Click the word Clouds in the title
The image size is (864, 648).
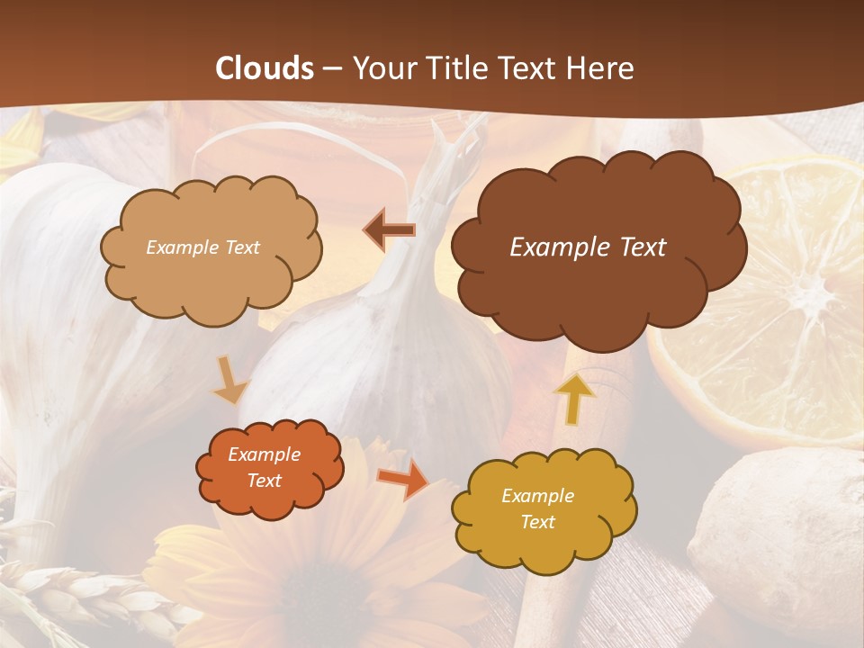[x=265, y=68]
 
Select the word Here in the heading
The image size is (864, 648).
[x=602, y=68]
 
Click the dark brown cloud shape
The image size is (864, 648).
[x=598, y=288]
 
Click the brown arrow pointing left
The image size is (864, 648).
[x=389, y=230]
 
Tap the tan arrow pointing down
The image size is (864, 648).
[x=229, y=380]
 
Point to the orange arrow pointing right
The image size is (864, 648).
[x=402, y=478]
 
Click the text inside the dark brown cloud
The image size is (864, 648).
[x=588, y=247]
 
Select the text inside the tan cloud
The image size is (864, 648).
[x=202, y=247]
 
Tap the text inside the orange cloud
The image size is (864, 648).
[x=265, y=468]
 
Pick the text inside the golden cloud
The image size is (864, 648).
[x=537, y=508]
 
